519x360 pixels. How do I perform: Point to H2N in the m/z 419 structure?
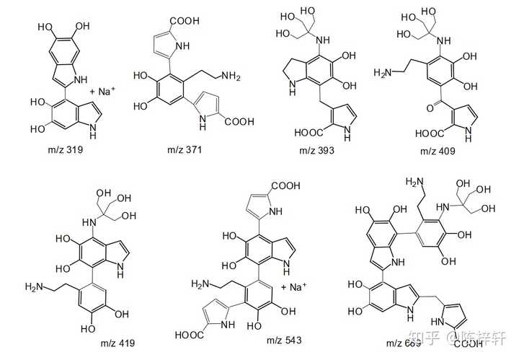pos(35,287)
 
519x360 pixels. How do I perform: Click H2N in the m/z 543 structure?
pos(204,285)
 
